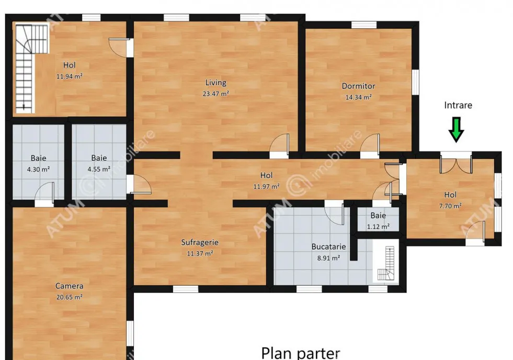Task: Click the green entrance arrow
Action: point(456,130)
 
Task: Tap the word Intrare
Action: point(458,105)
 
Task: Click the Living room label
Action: point(215,83)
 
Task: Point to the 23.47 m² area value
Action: point(215,94)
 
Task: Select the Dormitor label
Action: point(358,86)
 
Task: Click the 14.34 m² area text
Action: point(358,97)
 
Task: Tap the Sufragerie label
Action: point(200,242)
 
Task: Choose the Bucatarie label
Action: point(328,247)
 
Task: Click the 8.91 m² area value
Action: point(328,258)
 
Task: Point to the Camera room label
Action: point(69,286)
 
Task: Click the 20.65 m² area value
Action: point(69,297)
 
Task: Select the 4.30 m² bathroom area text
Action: point(38,170)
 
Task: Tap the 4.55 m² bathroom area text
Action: point(99,169)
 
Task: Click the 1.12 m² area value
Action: point(378,227)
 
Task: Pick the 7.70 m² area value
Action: point(450,206)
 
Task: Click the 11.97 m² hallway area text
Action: point(266,187)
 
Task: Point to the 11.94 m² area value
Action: point(70,76)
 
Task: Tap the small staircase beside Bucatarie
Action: point(386,263)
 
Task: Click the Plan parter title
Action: point(300,353)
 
